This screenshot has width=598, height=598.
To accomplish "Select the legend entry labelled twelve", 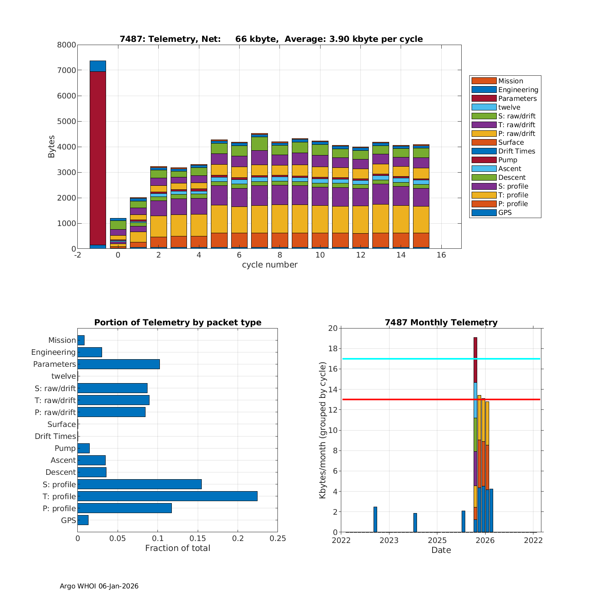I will (509, 107).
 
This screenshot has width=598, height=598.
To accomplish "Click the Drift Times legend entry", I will (516, 151).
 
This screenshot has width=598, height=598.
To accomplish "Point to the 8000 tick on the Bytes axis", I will (67, 45).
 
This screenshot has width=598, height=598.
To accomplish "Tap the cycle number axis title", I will (269, 265).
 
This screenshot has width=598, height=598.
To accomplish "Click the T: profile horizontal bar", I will (167, 496).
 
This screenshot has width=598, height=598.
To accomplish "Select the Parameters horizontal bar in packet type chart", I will (118, 364).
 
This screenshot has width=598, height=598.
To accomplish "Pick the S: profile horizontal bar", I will (140, 484).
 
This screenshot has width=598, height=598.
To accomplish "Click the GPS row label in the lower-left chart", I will (68, 520).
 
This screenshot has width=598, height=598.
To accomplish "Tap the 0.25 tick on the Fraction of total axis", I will (278, 539).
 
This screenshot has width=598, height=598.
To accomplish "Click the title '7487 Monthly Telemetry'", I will (441, 323).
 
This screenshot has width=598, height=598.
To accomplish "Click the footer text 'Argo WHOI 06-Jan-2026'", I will (99, 586).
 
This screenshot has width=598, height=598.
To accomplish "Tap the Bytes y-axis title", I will (51, 147).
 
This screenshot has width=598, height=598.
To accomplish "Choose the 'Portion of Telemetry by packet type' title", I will (177, 323).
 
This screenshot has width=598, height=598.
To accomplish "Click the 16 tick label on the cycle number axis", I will (441, 255).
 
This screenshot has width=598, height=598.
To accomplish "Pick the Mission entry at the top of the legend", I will (510, 81).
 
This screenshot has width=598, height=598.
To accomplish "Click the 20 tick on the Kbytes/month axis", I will (332, 328).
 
